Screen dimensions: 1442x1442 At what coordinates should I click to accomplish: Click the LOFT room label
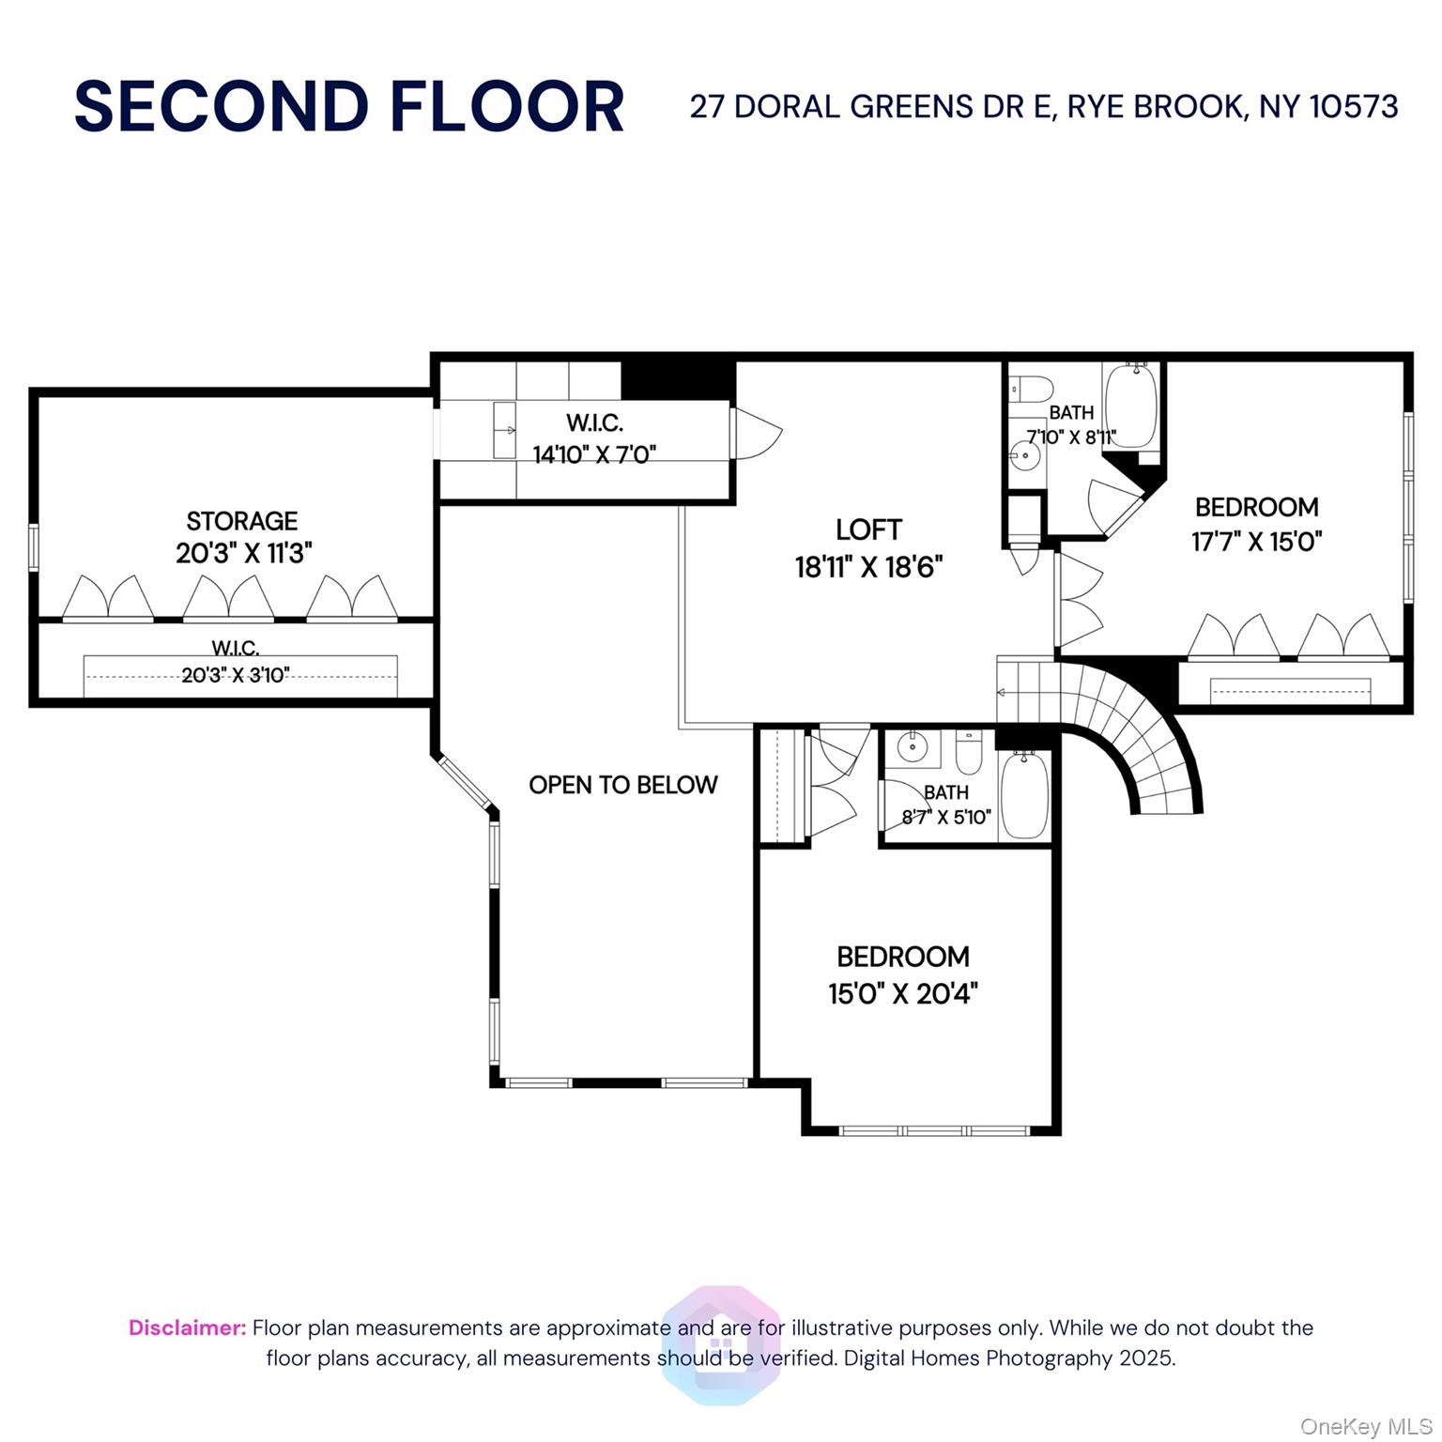click(868, 529)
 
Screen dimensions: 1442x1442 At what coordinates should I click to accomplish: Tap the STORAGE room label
click(242, 521)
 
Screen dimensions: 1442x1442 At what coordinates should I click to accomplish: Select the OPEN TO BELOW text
click(623, 785)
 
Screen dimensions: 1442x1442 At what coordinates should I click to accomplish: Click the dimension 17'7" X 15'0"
click(1256, 542)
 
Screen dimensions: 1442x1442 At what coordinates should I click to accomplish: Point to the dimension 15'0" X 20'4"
click(903, 993)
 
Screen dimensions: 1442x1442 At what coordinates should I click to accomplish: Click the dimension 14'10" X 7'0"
click(594, 455)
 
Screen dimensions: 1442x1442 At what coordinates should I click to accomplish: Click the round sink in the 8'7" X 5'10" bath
click(912, 748)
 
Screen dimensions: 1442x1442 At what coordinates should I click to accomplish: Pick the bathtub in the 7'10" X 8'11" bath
click(1132, 407)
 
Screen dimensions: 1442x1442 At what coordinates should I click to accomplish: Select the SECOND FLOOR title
click(349, 106)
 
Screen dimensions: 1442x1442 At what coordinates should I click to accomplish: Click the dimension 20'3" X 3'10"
click(236, 674)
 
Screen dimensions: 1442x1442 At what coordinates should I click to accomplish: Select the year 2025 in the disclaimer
click(1145, 1358)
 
